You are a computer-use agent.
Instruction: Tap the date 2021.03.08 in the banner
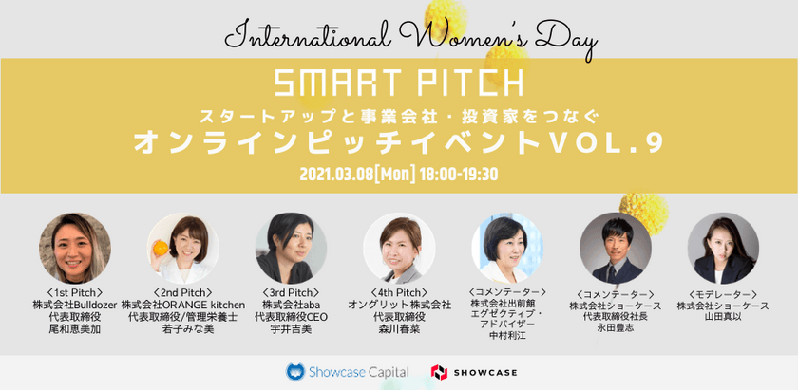(336, 175)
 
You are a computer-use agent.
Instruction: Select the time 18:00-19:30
(460, 175)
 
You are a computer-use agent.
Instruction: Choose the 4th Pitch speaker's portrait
(399, 249)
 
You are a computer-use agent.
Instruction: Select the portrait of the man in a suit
(615, 248)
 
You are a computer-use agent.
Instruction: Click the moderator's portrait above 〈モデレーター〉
(723, 248)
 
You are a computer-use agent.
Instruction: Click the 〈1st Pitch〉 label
(73, 292)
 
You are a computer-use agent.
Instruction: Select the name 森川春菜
(399, 328)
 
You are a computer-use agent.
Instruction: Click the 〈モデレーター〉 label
(723, 293)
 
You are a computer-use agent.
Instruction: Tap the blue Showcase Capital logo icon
(295, 372)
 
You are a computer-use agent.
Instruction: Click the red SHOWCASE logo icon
(439, 372)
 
